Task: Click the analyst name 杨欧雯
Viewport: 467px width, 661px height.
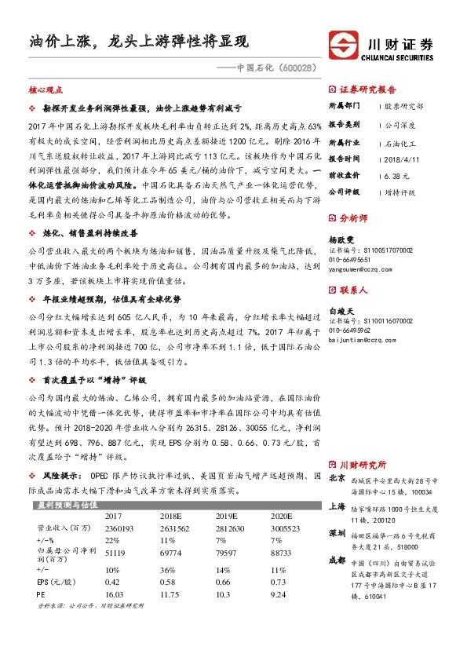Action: (x=340, y=239)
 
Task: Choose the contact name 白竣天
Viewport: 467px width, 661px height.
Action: (x=340, y=310)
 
